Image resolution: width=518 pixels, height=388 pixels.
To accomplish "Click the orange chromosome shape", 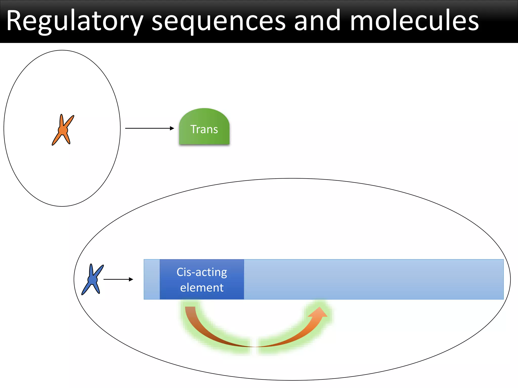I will pyautogui.click(x=63, y=130).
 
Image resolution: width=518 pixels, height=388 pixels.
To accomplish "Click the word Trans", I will pyautogui.click(x=204, y=129).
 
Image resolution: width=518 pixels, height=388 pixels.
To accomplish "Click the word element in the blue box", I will pyautogui.click(x=202, y=288).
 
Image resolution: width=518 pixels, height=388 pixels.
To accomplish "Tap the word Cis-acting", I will pyautogui.click(x=202, y=272).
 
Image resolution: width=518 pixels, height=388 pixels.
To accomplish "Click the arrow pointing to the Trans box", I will pyautogui.click(x=149, y=128).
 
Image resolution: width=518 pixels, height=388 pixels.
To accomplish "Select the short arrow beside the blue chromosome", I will pyautogui.click(x=118, y=279).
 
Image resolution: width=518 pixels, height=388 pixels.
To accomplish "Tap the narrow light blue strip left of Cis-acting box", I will pyautogui.click(x=152, y=279).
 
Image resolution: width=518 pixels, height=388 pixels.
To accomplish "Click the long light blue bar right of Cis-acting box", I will pyautogui.click(x=374, y=279).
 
